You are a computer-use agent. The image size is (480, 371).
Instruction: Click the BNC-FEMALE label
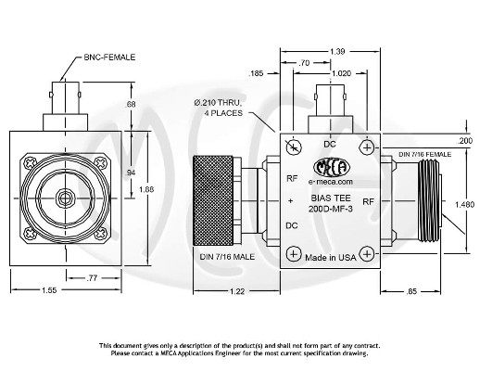tap(109, 57)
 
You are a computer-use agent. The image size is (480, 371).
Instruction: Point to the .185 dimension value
tap(258, 71)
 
